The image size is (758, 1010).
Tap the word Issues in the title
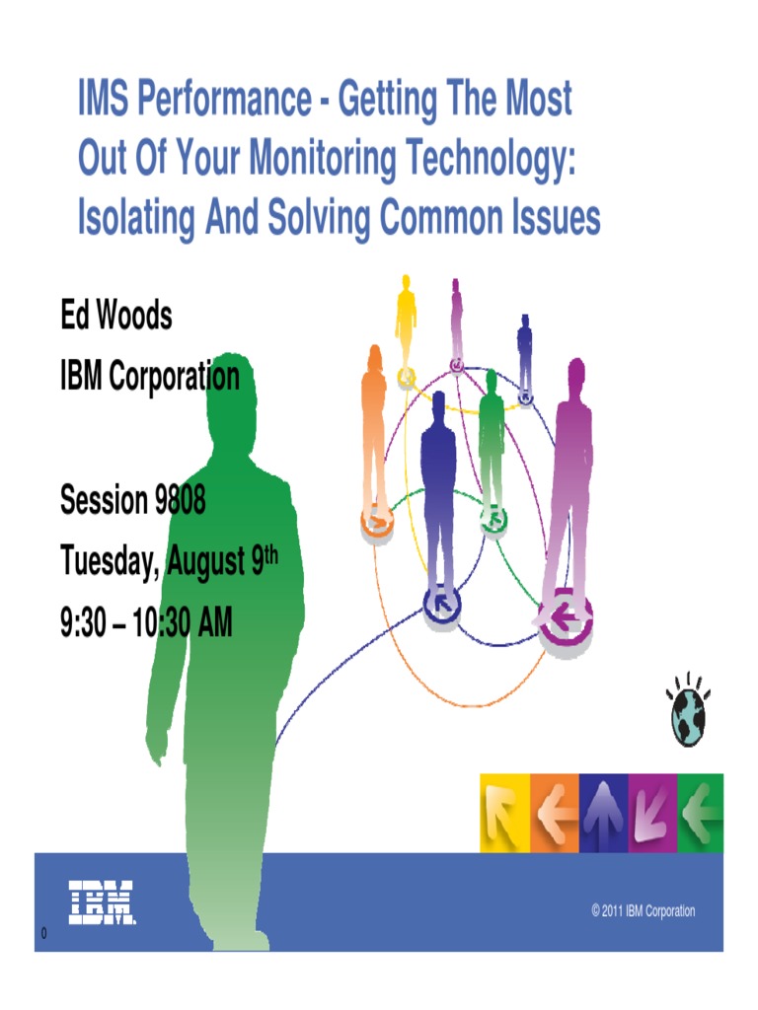(548, 217)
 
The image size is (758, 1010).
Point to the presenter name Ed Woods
(116, 317)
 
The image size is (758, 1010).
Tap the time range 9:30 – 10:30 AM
(146, 622)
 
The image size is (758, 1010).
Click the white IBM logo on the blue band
(102, 902)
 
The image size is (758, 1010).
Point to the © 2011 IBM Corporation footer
(643, 911)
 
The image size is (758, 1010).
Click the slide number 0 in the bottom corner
(44, 933)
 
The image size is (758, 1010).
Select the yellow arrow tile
(504, 813)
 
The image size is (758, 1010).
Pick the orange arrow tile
(554, 813)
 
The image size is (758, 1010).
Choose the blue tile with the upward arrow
(603, 813)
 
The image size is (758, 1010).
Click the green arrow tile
(701, 813)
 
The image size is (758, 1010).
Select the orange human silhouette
(374, 424)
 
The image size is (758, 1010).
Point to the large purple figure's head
(575, 376)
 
